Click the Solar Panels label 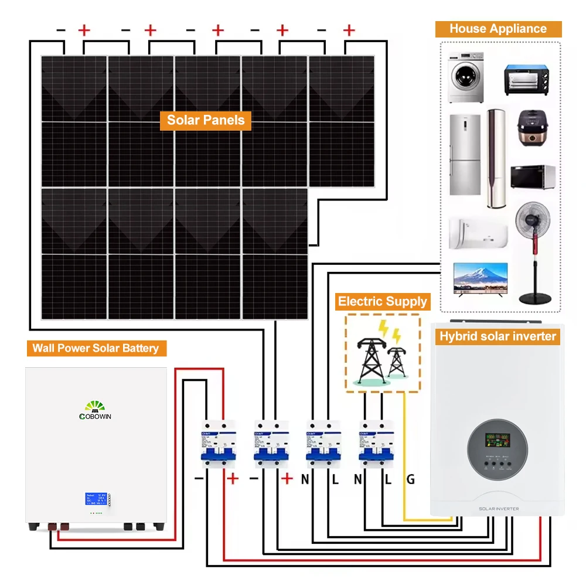(x=205, y=121)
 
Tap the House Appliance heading (x=498, y=29)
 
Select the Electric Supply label (x=383, y=302)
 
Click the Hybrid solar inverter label (x=498, y=336)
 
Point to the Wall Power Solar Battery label (x=96, y=348)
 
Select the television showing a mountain (x=480, y=280)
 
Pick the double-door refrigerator (x=465, y=154)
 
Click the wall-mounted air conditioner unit (x=478, y=233)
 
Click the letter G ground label (x=411, y=479)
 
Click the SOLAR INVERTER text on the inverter (x=498, y=509)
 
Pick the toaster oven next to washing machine (x=529, y=80)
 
